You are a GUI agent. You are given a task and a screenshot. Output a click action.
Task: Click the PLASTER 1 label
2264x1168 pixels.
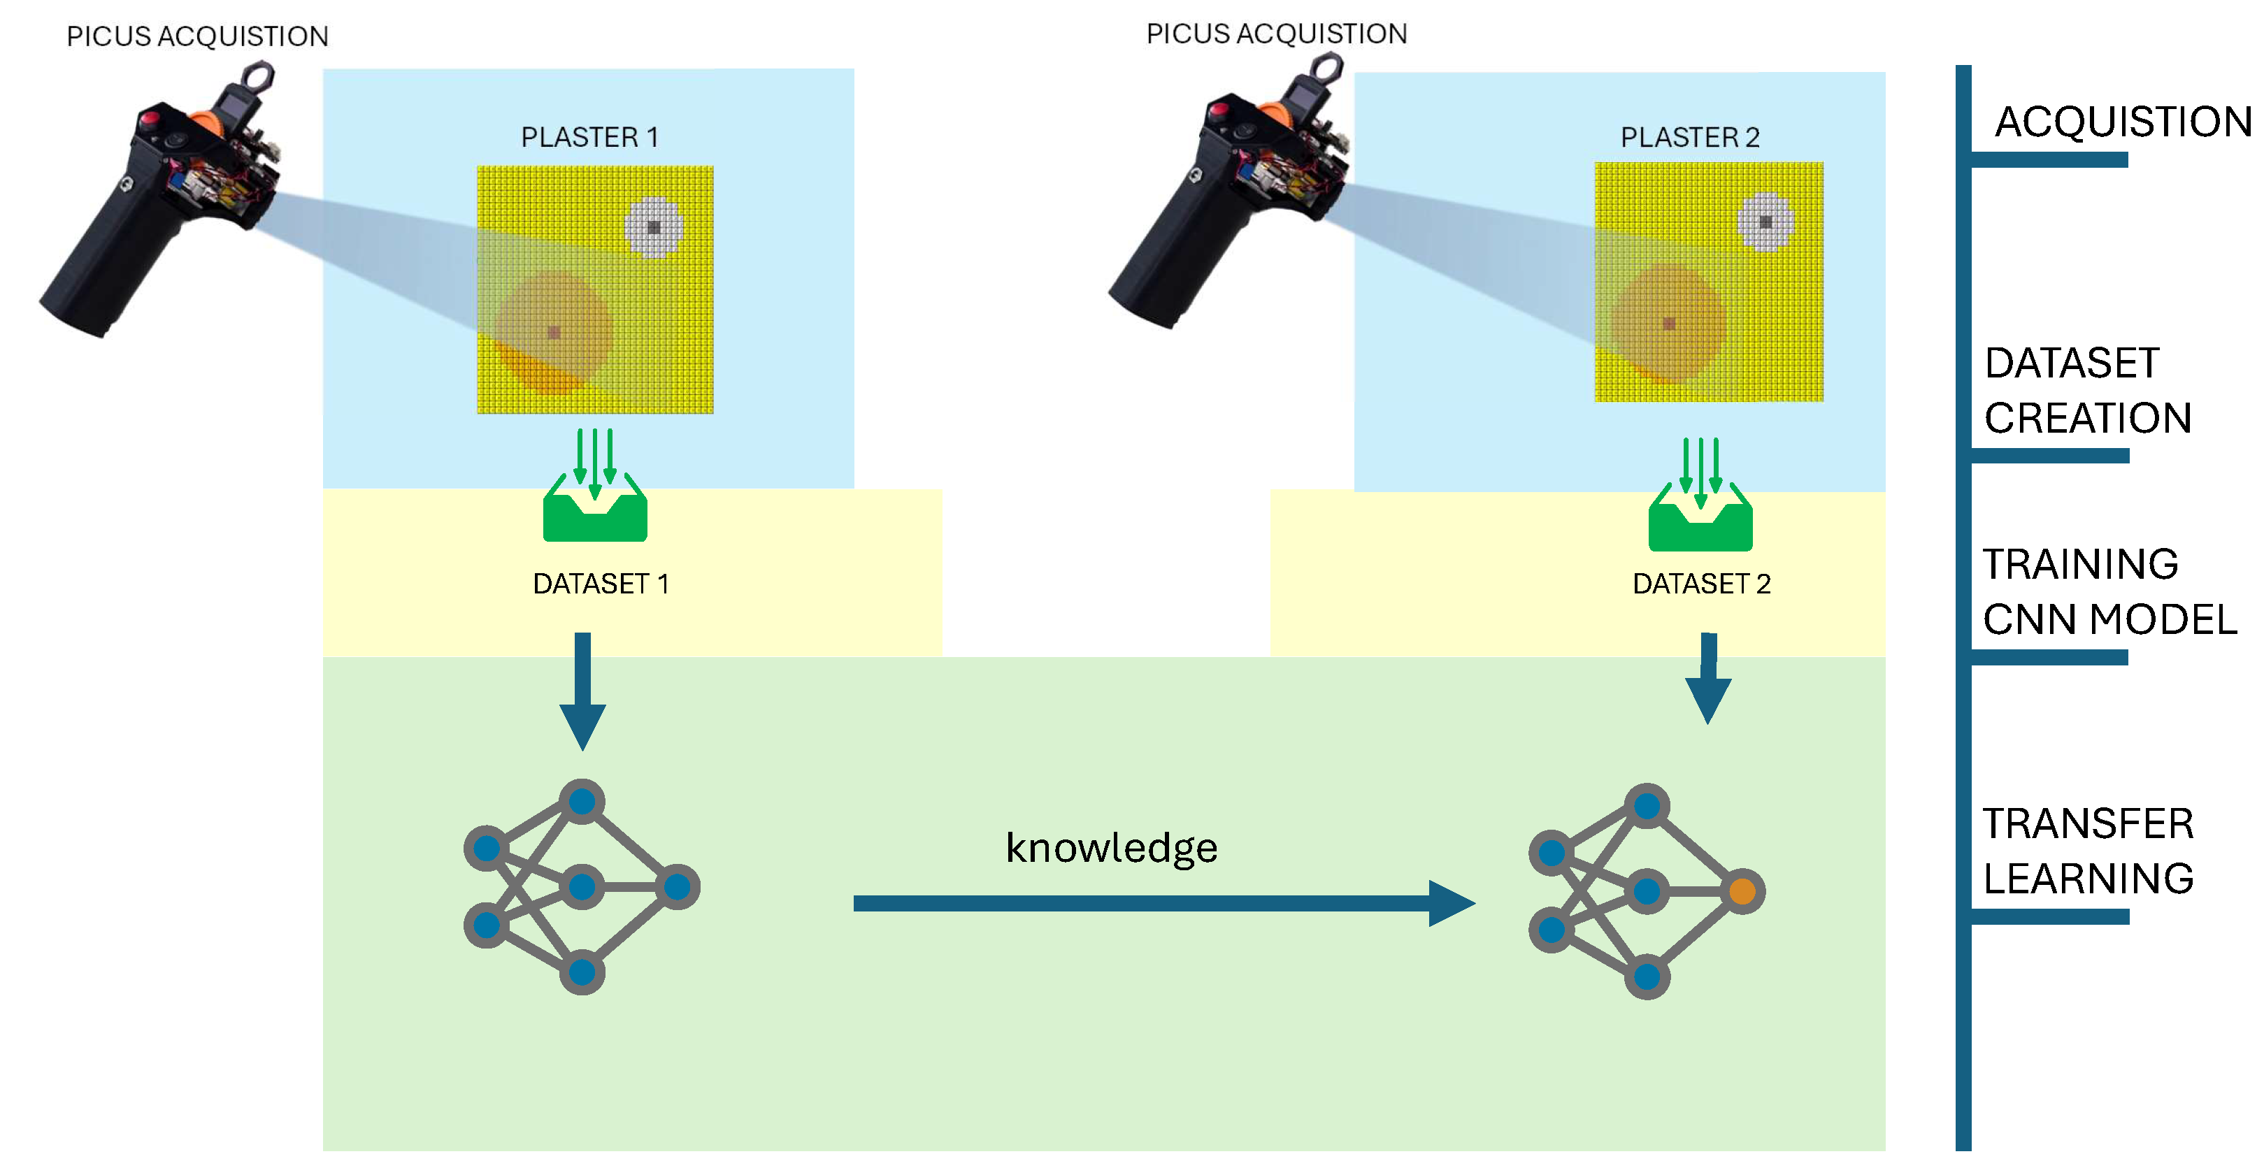(x=589, y=137)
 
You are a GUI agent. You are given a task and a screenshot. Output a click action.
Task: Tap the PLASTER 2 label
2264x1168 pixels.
(x=1689, y=137)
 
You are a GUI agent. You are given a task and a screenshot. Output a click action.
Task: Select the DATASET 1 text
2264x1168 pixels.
(x=601, y=584)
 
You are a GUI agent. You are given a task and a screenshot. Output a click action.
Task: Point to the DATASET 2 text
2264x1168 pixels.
(x=1702, y=584)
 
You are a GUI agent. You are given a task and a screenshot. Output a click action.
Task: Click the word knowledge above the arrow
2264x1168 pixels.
(x=1112, y=848)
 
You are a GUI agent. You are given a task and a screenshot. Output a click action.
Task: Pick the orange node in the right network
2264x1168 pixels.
(x=1742, y=891)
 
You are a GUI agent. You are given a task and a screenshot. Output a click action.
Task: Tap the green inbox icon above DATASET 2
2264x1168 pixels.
(x=1700, y=517)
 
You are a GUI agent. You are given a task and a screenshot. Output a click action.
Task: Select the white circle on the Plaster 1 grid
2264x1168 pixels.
(x=654, y=226)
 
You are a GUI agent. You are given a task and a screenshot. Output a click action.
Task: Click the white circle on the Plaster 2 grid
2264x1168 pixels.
(x=1765, y=222)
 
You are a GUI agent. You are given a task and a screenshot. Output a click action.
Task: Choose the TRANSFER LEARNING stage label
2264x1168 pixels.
(x=2089, y=851)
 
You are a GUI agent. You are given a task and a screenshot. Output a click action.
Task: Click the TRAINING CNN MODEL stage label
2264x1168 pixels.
(x=2109, y=591)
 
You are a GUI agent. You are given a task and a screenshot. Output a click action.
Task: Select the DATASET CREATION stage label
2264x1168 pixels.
(x=2089, y=390)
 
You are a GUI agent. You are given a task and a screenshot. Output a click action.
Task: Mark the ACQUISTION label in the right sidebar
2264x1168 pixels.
(x=2123, y=122)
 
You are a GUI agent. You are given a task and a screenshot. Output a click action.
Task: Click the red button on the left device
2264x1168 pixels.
(x=150, y=117)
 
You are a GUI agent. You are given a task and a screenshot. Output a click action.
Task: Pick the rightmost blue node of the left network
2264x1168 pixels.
(x=677, y=887)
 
